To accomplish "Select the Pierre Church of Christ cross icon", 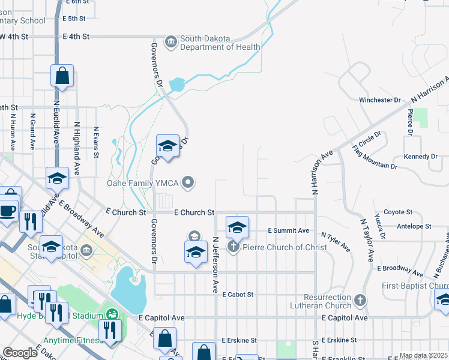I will [x=233, y=247].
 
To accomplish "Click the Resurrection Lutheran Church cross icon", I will [x=360, y=299].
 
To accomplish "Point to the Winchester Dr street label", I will [x=379, y=100].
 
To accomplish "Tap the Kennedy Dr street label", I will [x=421, y=157].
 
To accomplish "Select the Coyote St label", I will [x=398, y=212].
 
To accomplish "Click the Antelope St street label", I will [x=414, y=226].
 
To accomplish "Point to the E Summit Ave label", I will [x=288, y=230].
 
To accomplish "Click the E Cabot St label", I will [x=238, y=295].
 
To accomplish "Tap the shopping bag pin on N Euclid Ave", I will [x=62, y=77].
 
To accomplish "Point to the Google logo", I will [x=20, y=353].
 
